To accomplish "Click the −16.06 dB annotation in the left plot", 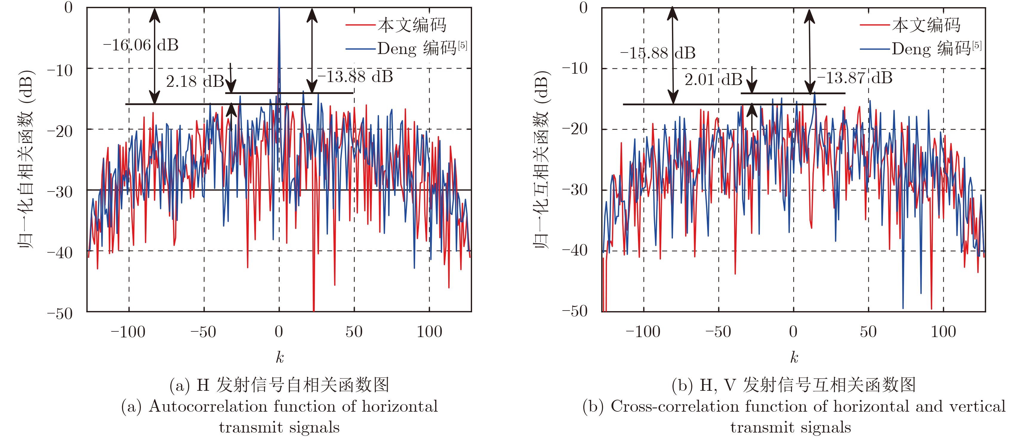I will point(141,45).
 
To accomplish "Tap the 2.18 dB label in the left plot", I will point(194,82).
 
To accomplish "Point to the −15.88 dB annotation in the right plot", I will point(658,53).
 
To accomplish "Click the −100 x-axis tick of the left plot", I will point(128,331).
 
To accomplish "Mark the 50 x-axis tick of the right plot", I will point(868,331).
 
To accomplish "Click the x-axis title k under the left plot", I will point(280,358).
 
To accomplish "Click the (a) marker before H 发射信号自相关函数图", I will point(180,385).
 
